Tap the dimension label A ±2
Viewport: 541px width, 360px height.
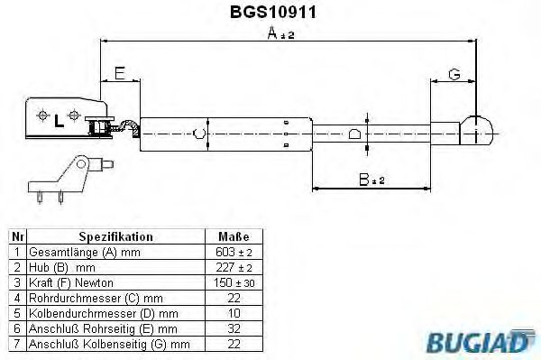tap(282, 34)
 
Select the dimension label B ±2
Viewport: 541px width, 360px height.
tap(368, 180)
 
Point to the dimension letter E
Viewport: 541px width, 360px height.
tap(119, 72)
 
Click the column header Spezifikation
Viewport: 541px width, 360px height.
tap(115, 236)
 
